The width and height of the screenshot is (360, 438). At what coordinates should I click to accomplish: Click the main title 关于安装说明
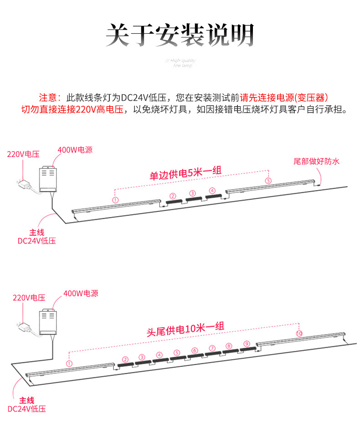coord(180,35)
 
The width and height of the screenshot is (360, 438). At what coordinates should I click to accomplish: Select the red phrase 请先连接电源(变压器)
coord(284,98)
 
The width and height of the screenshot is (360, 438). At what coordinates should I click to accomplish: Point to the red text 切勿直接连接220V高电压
coord(72,110)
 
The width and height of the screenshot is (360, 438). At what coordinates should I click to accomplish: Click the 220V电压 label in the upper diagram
coord(23,154)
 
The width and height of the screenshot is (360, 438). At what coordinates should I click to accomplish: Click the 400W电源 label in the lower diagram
coord(81,294)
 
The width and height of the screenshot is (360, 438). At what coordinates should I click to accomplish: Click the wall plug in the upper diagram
coord(24,185)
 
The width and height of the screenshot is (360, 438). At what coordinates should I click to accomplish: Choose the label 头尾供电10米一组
coord(185,329)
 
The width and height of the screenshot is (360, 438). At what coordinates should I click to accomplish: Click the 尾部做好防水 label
coord(317,161)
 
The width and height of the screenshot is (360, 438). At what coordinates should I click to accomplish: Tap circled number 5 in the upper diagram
coord(268,181)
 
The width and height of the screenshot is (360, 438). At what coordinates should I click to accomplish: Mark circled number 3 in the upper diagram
coord(192,193)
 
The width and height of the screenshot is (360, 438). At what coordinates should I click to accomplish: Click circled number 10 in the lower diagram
coord(299,334)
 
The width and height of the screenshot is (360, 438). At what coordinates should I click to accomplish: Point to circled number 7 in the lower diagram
coord(212,348)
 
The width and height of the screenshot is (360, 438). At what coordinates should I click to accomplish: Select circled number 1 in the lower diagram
coord(69,363)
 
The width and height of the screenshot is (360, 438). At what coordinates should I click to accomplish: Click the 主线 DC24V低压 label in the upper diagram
coord(36,237)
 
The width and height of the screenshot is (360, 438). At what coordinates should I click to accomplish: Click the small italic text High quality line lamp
coord(182,63)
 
